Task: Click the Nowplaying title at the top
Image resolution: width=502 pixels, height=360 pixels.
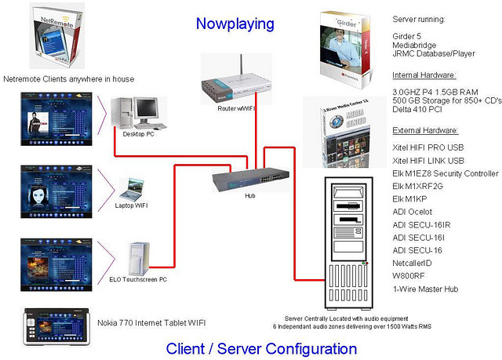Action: pos(235,24)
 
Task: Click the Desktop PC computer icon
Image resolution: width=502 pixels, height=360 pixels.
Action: pos(139,114)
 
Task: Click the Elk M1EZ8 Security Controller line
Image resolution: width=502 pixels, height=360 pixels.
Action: pos(445,174)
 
